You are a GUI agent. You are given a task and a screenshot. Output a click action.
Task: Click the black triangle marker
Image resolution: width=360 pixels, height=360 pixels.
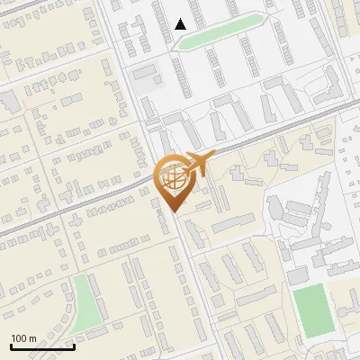pos(181,24)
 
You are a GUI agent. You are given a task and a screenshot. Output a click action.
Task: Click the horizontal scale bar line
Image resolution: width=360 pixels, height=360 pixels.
pos(42,346)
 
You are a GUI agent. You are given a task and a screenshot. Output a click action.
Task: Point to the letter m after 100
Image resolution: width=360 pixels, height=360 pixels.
pos(32,338)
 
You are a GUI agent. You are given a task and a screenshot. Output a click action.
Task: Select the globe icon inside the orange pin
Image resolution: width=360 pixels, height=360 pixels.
pos(172,177)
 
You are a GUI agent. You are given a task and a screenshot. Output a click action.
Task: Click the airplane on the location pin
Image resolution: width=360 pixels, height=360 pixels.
pos(198,165)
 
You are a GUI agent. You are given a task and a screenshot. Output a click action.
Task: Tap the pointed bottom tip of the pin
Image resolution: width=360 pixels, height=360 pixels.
pos(173,211)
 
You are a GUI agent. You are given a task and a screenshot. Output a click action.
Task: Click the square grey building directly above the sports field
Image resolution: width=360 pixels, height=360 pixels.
pos(298,274)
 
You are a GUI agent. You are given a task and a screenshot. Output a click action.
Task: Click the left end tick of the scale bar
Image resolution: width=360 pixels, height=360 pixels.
pos(11,345)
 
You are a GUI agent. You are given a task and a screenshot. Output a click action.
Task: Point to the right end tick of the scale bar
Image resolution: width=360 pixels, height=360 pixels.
pos(74,345)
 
